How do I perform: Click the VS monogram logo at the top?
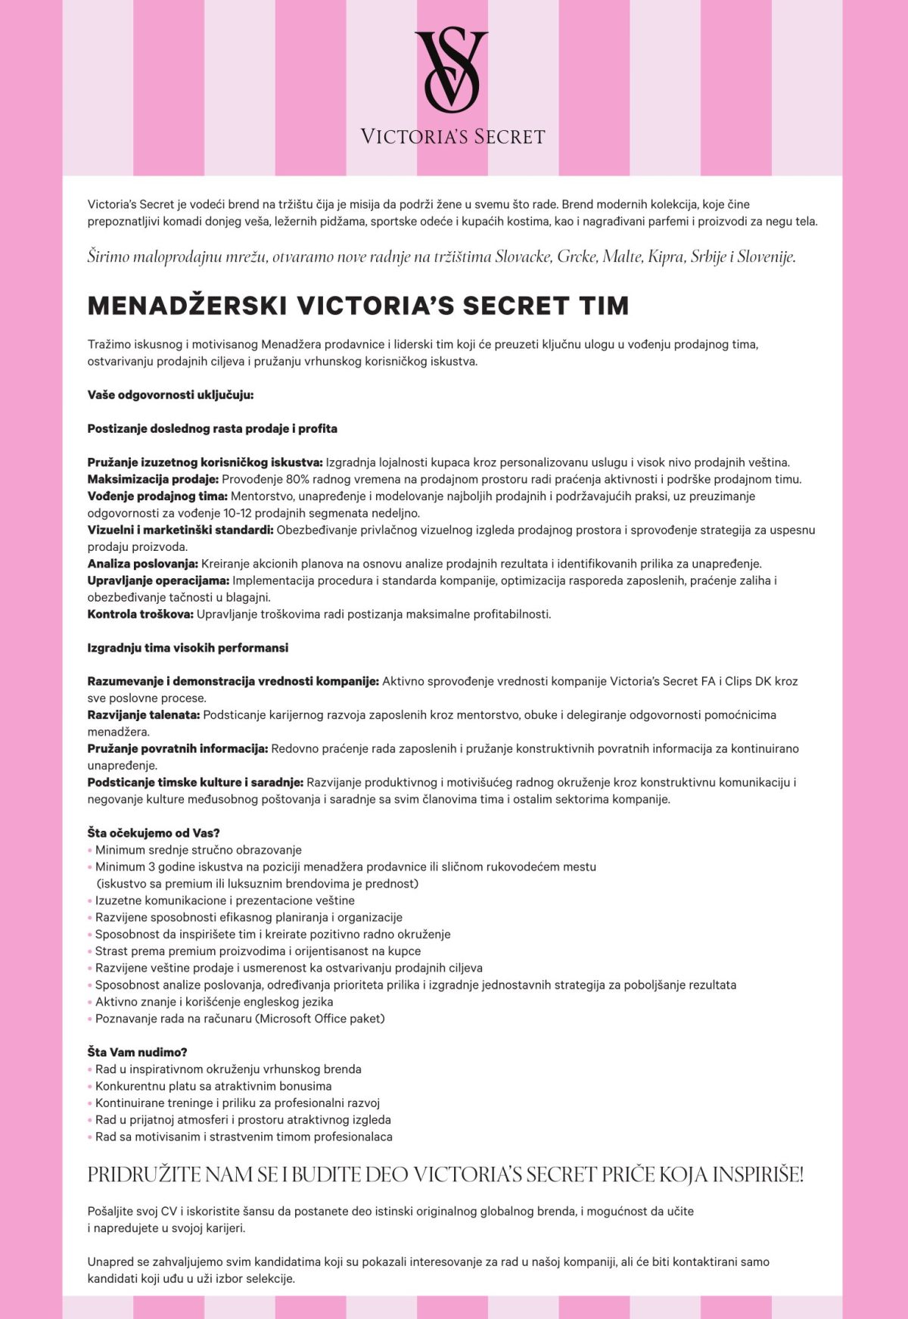point(452,70)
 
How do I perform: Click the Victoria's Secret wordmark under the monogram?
point(452,137)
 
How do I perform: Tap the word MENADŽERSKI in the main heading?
point(187,306)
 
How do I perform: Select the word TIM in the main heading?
point(604,306)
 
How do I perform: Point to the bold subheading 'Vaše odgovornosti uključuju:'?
point(170,395)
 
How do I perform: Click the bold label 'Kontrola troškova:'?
point(140,614)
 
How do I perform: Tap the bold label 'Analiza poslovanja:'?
point(142,564)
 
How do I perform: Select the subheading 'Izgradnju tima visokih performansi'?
point(188,648)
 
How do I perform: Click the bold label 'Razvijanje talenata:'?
point(143,715)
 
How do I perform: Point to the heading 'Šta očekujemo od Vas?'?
point(154,833)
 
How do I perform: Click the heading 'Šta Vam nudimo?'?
point(137,1053)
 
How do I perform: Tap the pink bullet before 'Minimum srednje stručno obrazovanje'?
point(90,851)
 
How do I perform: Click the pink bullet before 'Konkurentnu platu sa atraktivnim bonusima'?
point(90,1087)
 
